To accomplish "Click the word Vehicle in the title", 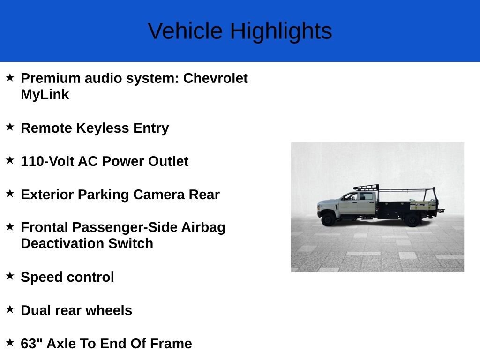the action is [185, 31].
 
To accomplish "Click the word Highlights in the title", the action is [281, 31].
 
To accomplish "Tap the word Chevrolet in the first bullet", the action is [216, 78].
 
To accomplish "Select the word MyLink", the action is [45, 95].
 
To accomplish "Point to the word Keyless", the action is [103, 128].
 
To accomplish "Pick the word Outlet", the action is [168, 161].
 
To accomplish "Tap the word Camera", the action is [159, 195].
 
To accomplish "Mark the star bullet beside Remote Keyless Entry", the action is [10, 127].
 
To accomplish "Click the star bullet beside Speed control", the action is [10, 276].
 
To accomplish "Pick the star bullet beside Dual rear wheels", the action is [10, 309].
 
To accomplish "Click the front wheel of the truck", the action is [328, 219].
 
